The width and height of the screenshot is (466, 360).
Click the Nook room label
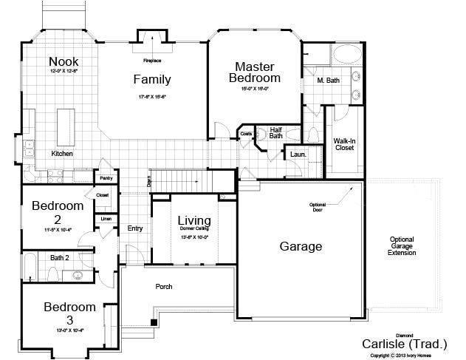(64, 61)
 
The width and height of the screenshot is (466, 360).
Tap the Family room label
(152, 79)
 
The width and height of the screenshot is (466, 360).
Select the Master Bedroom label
(254, 71)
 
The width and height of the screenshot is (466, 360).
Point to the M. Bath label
(328, 80)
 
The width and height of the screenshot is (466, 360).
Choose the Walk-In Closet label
(344, 143)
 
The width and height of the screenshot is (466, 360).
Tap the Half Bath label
(276, 132)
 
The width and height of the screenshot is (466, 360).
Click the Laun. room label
(298, 154)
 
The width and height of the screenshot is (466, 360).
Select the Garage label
(300, 246)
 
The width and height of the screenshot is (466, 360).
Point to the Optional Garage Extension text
(402, 246)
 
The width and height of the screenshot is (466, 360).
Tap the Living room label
(194, 221)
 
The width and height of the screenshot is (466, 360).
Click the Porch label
(164, 286)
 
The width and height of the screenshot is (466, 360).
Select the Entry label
(134, 228)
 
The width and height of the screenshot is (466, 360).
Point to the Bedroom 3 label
(69, 311)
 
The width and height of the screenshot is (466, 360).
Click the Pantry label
(106, 178)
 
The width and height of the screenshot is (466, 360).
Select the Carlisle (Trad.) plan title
(405, 343)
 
